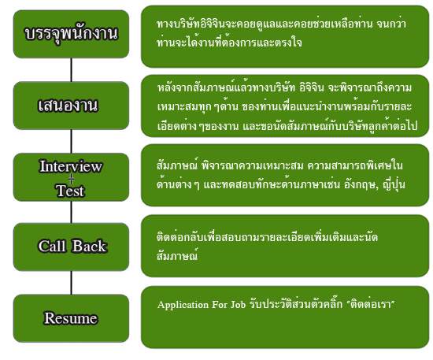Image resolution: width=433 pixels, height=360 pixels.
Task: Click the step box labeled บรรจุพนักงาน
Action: click(71, 34)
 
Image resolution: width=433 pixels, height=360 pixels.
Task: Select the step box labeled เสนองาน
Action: click(71, 106)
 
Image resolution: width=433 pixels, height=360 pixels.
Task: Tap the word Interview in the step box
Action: click(71, 166)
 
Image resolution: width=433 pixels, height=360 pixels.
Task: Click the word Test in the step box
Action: click(70, 191)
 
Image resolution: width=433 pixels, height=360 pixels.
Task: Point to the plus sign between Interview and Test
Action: click(71, 179)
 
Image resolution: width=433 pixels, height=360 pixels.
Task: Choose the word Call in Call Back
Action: click(53, 246)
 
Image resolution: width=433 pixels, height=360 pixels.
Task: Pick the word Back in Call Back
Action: click(89, 246)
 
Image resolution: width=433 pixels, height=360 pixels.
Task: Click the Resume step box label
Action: click(71, 318)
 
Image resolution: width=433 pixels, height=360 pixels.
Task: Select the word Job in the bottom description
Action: click(238, 305)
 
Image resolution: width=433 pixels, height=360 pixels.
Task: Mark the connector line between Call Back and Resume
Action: click(71, 283)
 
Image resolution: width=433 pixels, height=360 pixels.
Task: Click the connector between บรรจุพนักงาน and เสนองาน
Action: click(71, 70)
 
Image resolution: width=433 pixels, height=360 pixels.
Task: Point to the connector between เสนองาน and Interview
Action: click(71, 141)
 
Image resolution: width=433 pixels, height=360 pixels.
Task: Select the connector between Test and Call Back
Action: click(71, 212)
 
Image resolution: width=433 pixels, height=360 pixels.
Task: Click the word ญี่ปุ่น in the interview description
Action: click(394, 184)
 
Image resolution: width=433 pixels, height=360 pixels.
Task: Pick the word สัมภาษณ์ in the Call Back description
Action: click(177, 255)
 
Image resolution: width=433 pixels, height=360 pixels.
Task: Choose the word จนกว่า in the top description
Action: click(391, 24)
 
